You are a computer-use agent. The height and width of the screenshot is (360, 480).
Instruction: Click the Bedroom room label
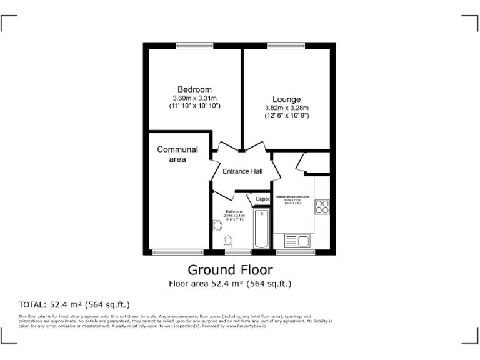pos(194,89)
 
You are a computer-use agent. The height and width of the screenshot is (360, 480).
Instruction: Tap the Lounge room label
pos(286,99)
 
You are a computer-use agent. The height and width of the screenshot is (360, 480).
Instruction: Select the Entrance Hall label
pos(242,171)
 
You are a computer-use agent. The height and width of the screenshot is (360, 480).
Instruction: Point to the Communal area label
pos(177,154)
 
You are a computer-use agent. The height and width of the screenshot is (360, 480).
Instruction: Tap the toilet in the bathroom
pos(229,241)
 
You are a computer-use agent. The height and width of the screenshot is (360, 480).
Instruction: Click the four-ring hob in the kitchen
pos(322,207)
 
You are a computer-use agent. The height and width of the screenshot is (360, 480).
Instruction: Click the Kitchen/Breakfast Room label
pos(293,197)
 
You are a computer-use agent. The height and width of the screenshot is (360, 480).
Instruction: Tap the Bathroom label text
pos(234,212)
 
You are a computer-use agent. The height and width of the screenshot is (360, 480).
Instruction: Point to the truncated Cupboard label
pos(262,199)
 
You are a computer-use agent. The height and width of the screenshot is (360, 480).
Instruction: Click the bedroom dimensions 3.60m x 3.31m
pos(194,98)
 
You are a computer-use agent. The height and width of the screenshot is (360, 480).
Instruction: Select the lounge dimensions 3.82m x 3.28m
pos(286,107)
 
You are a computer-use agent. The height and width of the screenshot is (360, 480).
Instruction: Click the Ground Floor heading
pos(230,270)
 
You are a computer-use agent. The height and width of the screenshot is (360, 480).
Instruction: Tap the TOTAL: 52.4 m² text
pos(74,305)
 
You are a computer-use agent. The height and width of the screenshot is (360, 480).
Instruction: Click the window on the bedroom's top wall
pos(194,46)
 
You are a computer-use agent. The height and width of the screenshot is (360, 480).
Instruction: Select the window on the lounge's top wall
pos(286,46)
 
